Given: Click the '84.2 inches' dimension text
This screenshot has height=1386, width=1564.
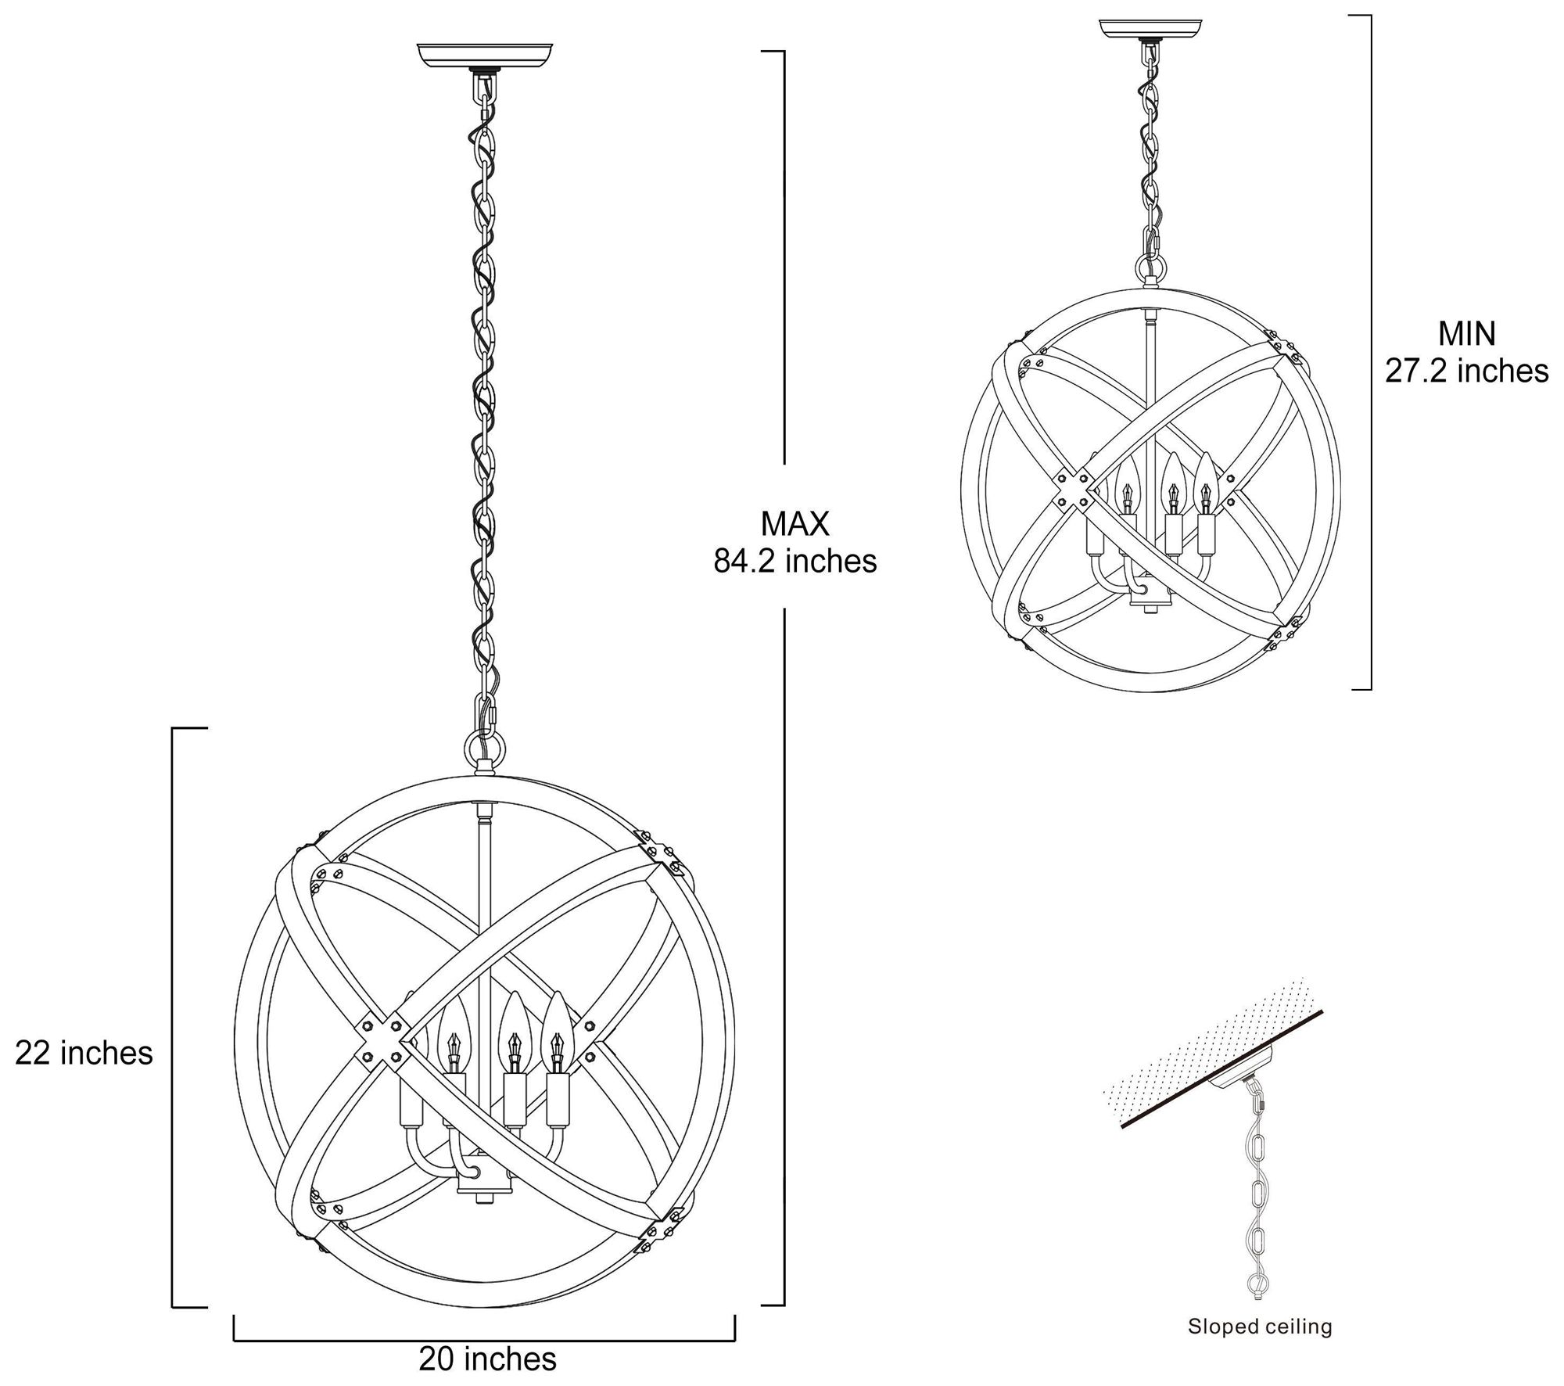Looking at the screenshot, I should tap(795, 561).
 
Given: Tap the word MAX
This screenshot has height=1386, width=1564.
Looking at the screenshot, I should tap(795, 523).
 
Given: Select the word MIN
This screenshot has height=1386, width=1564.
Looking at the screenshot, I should tap(1466, 334).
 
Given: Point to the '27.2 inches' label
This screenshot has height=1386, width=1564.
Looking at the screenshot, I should tap(1466, 371).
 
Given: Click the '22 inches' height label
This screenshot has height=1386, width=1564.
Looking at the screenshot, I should tap(84, 1054).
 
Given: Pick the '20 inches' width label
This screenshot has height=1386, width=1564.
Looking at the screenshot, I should tap(487, 1359).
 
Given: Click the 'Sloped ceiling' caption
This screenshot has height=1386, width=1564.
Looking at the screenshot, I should tap(1260, 1304).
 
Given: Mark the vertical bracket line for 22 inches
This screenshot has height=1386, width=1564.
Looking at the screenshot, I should tap(173, 1017).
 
